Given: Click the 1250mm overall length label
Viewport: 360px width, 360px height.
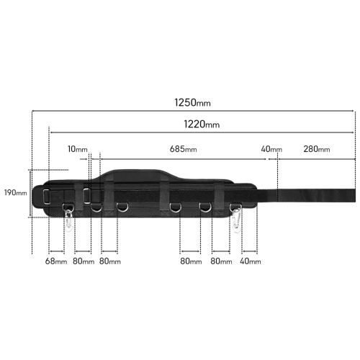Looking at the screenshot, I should point(192,102).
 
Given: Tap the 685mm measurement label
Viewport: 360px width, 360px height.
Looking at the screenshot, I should point(183,150).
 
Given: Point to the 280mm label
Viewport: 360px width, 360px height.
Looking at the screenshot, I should point(316,150).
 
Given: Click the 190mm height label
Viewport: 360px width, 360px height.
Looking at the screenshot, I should point(15,193).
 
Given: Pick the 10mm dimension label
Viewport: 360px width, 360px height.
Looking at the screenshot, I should point(77,150).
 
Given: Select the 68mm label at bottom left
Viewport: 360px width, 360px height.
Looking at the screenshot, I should point(56,261).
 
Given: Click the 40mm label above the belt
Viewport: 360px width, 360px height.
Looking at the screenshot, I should point(271,150).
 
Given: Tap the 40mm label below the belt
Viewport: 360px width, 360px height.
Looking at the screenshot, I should point(250,261).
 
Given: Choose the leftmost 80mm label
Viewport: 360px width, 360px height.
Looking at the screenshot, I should point(83,261).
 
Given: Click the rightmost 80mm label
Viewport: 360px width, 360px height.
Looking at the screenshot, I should point(221,261).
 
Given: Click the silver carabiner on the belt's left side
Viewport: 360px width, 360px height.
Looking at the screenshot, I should point(69,217).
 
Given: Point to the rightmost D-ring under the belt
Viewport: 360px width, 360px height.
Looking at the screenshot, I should point(205,208).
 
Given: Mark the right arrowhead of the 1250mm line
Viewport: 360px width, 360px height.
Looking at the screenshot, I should point(354,111).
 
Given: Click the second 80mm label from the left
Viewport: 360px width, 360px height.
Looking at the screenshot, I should point(109,261).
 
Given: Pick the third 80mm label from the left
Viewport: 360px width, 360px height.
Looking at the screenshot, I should point(190,261).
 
